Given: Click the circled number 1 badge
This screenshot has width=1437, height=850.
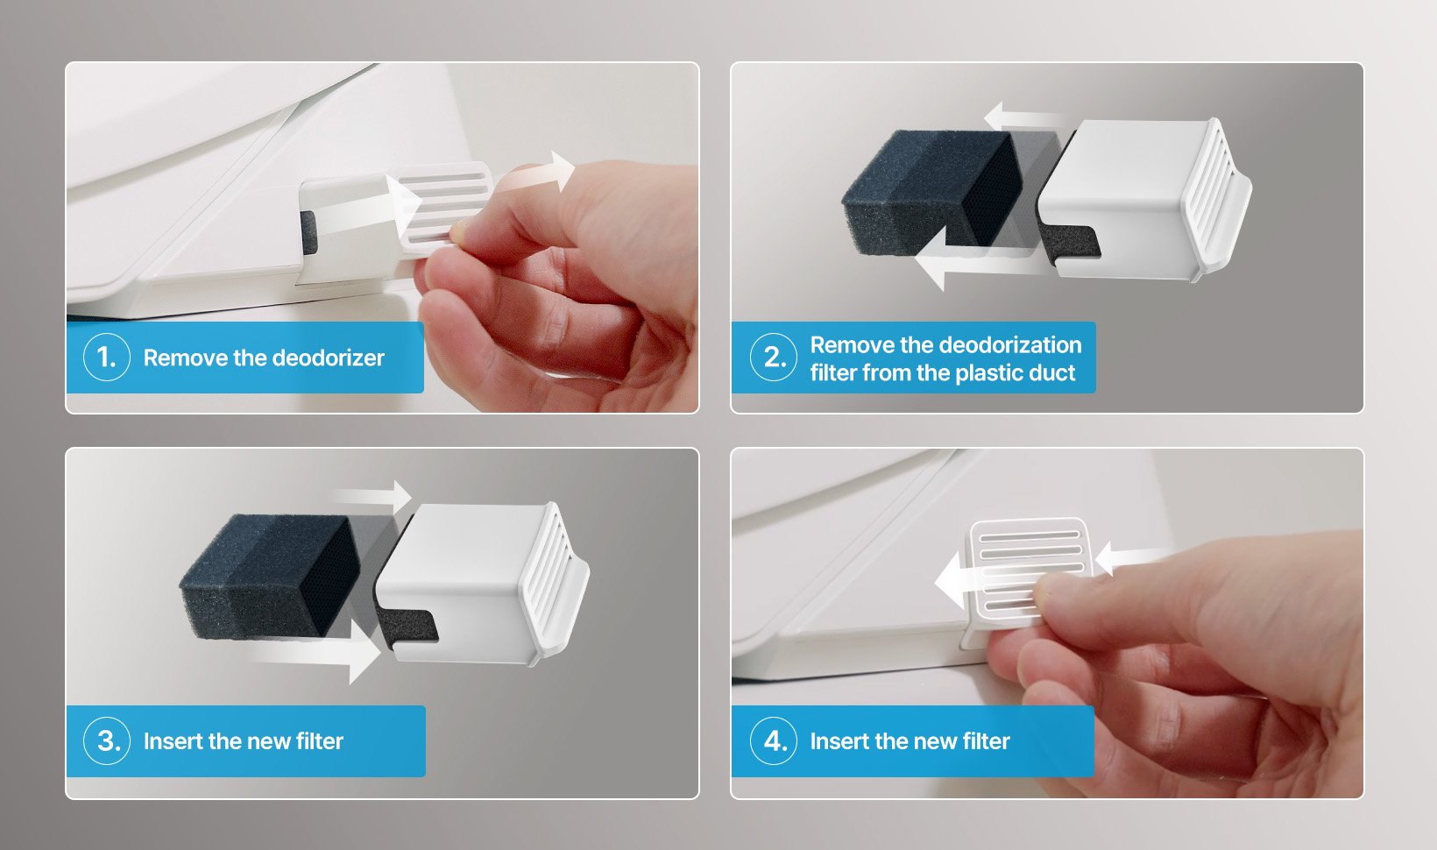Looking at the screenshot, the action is pos(107,358).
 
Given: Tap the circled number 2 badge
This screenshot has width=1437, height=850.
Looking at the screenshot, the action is pos(774,358).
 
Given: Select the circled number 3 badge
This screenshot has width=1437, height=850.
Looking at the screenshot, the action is pos(107,741).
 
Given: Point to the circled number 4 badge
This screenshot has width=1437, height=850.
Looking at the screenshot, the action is pos(774,741).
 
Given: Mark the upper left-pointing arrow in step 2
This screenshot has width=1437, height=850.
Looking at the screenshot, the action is pos(1026,117).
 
